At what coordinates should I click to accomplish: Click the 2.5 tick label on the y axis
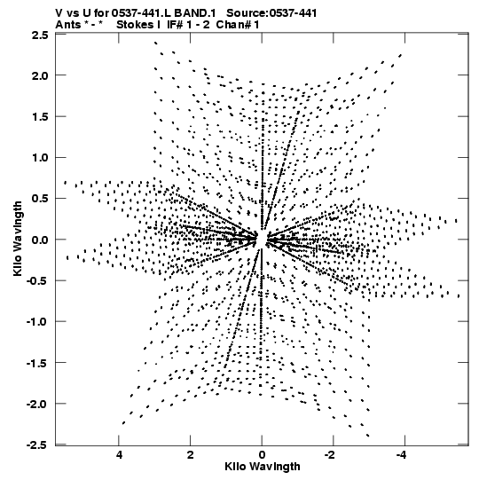(x=40, y=35)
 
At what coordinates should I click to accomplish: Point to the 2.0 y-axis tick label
(x=40, y=75)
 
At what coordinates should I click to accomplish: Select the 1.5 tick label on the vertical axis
(x=40, y=116)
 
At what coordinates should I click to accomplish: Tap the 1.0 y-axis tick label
(x=40, y=158)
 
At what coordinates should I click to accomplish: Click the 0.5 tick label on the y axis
(x=40, y=199)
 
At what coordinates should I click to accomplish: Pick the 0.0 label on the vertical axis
(x=40, y=240)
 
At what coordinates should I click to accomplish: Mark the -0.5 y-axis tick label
(x=37, y=280)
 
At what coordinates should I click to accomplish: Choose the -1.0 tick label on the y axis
(x=37, y=322)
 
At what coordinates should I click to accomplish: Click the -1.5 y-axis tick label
(x=37, y=363)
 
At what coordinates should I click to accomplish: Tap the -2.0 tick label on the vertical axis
(x=37, y=404)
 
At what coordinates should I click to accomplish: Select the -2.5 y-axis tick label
(x=37, y=445)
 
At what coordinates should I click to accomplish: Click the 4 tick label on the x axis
(x=119, y=455)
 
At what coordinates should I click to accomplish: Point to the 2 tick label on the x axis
(x=191, y=455)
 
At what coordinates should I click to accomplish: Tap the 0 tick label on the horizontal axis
(x=262, y=455)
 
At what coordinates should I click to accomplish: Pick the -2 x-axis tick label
(x=330, y=455)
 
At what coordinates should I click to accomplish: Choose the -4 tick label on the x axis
(x=401, y=455)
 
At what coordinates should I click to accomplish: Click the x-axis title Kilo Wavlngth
(x=263, y=467)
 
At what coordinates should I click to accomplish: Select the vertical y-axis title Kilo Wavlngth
(x=18, y=239)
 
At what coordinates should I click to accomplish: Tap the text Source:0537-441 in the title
(x=271, y=13)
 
